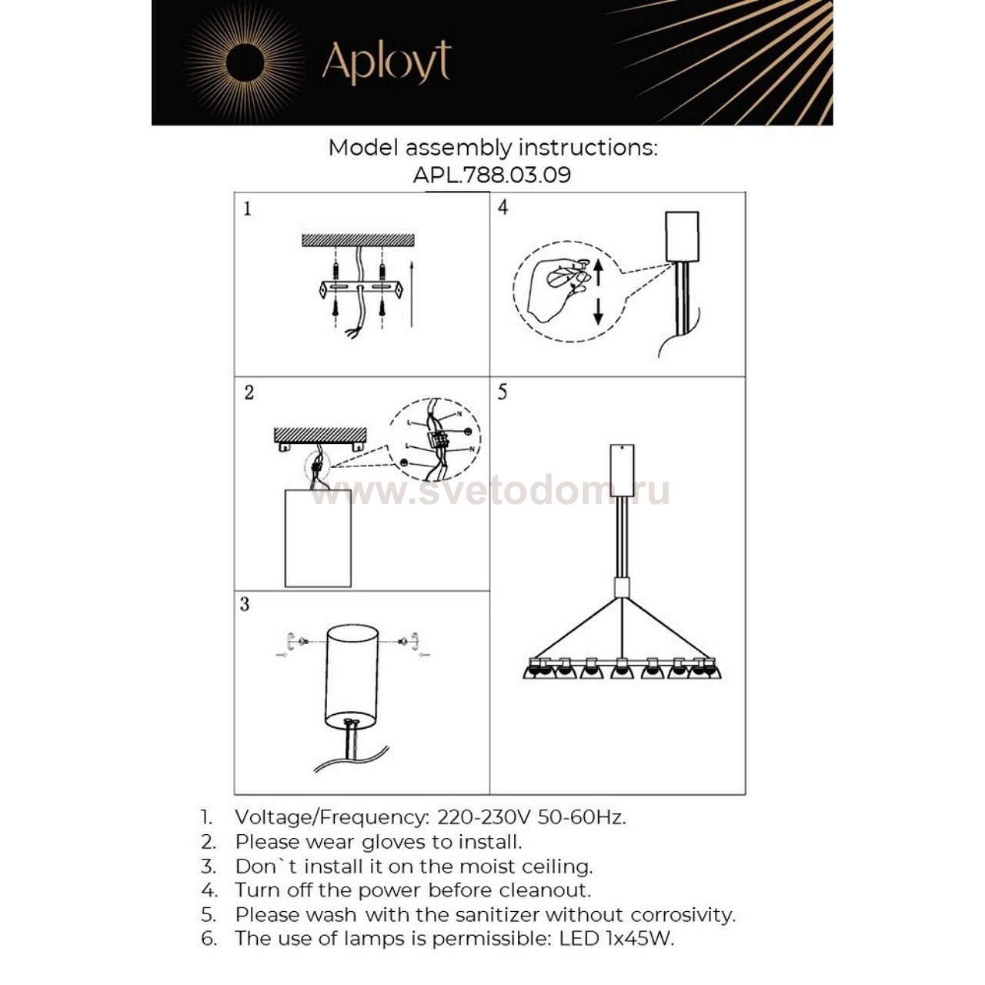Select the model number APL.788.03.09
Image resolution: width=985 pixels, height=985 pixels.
pos(492,175)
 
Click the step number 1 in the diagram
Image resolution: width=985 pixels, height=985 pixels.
pos(247,209)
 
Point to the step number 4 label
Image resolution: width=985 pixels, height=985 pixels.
pos(503,207)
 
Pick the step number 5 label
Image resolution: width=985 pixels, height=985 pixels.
pos(503,392)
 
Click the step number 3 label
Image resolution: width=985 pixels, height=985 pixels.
pos(245,604)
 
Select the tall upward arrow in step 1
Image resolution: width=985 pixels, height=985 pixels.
pos(412,292)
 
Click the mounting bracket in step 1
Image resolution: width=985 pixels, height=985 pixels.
pos(360,289)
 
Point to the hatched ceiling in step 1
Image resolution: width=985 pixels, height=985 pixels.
pos(358,240)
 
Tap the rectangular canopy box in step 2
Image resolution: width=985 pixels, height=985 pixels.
pos(318,538)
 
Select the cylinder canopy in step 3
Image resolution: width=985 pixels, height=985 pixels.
pos(352,676)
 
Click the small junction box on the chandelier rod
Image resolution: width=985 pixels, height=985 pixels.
pos(622,589)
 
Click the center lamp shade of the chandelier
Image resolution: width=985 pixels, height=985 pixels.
pos(622,671)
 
